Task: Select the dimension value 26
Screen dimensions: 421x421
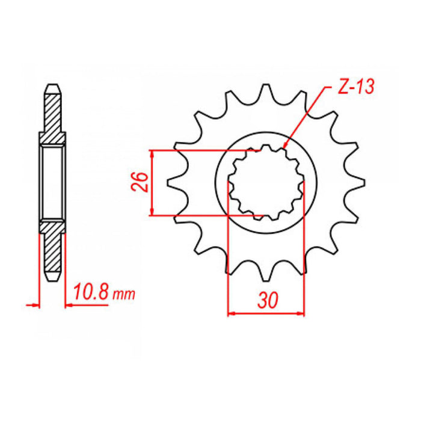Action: [x=138, y=182]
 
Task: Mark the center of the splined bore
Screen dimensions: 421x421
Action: [x=265, y=183]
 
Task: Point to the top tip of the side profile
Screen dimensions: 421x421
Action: [x=52, y=85]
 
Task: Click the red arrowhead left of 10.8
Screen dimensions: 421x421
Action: [x=67, y=306]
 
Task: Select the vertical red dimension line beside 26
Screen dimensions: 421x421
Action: [x=153, y=182]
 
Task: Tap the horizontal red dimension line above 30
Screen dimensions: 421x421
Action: [x=265, y=313]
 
